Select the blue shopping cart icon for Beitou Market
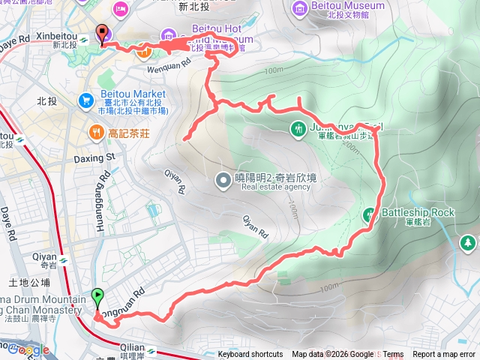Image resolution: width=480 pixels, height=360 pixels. click(86, 100)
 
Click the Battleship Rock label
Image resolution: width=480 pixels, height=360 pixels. click(418, 213)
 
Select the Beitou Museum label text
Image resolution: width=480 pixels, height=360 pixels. click(349, 6)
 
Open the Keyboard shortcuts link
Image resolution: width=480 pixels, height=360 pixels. click(250, 355)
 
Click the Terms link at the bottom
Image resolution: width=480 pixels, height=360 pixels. click(393, 355)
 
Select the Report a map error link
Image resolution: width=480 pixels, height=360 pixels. click(445, 355)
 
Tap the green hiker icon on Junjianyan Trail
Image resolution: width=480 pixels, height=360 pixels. click(297, 128)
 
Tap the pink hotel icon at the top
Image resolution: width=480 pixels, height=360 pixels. click(120, 8)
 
